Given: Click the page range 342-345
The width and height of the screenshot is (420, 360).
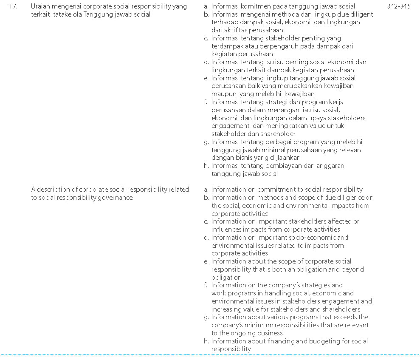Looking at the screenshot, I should (399, 6).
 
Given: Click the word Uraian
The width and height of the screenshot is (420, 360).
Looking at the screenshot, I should (41, 6).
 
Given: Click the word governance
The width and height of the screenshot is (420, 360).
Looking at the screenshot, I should (116, 198).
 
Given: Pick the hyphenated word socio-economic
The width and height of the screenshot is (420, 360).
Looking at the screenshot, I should (315, 238).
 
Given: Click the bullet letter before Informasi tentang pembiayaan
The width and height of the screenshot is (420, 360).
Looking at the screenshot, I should (206, 166).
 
